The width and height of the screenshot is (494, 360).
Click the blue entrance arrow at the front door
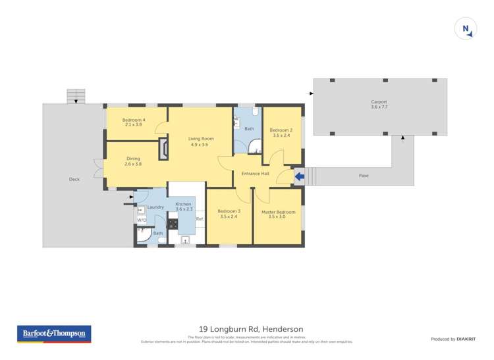coord(299,176)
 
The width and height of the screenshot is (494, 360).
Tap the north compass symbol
coord(466,29)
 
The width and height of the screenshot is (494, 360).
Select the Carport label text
coord(379,102)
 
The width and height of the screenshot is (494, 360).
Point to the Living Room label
coord(201,139)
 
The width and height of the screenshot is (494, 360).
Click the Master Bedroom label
coord(278,212)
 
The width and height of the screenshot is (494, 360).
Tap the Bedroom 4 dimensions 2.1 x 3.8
coord(134,124)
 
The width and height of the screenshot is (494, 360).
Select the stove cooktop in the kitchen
coord(173,223)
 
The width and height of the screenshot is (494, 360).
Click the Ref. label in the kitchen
coord(199,219)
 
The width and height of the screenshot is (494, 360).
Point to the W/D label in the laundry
coord(142,220)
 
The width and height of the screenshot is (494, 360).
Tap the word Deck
coord(74,179)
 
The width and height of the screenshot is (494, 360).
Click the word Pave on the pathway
coord(363,176)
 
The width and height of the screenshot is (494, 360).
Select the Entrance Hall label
coord(255,174)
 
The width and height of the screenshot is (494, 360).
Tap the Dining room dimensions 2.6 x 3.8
coord(133,164)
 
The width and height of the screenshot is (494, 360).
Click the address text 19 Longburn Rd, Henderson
coord(247,329)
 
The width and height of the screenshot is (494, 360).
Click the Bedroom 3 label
coord(230,212)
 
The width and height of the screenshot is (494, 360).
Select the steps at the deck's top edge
coord(76,96)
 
